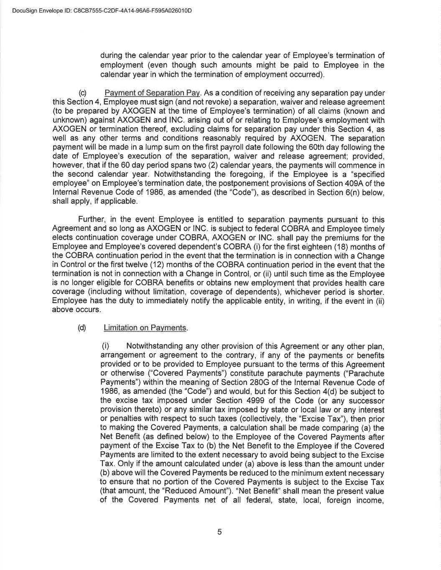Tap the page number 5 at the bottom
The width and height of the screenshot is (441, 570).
point(219,532)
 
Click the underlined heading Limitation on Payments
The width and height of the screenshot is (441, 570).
point(145,328)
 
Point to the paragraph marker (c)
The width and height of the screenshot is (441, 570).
point(82,93)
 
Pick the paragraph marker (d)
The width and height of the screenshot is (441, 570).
point(82,328)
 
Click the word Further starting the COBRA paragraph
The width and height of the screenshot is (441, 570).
point(92,220)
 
